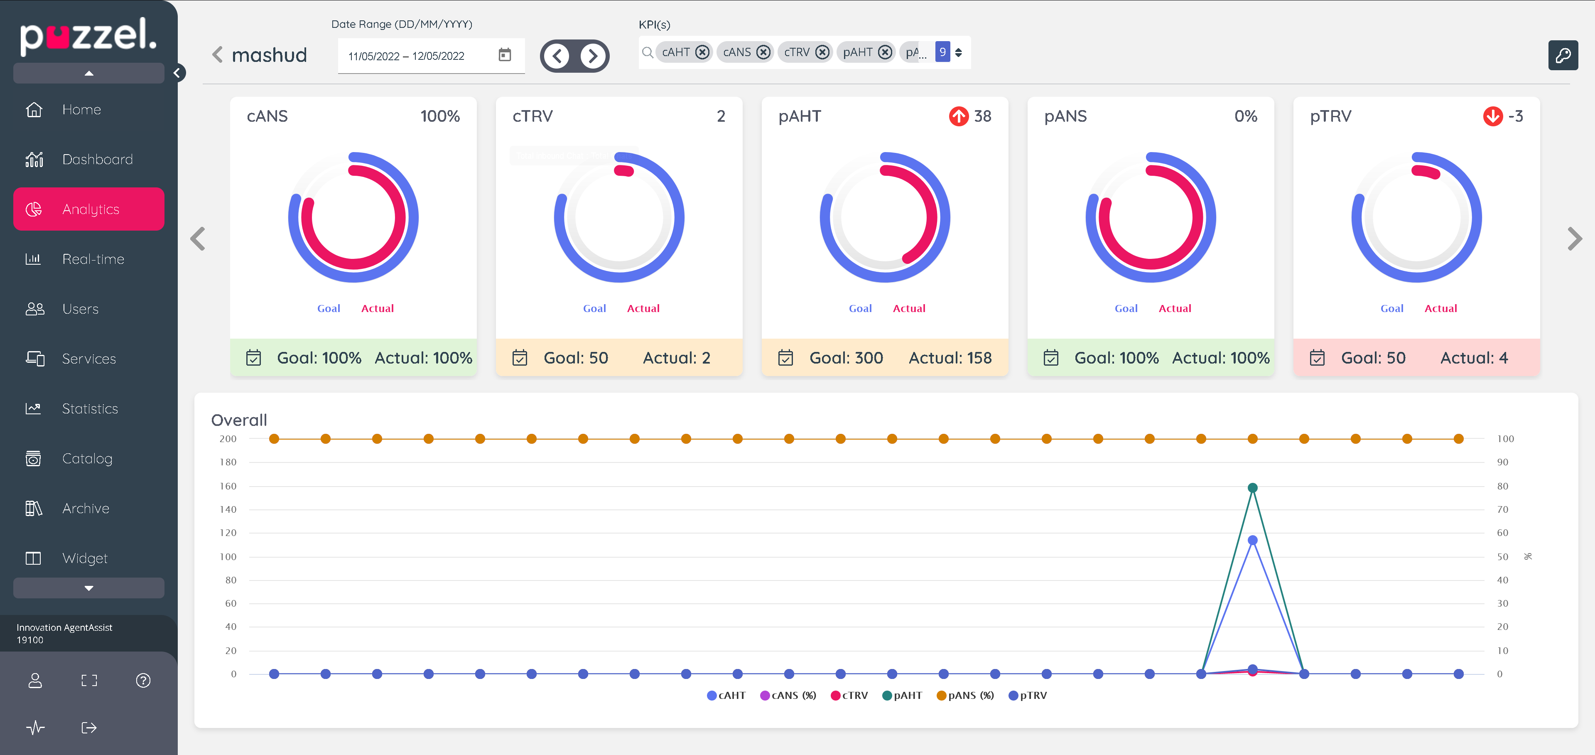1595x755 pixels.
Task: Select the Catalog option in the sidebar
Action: click(87, 458)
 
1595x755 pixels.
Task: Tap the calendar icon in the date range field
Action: click(505, 55)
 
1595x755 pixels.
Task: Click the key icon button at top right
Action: click(1562, 56)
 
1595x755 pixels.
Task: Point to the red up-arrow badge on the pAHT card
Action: click(959, 116)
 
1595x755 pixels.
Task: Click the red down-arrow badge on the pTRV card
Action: click(1492, 116)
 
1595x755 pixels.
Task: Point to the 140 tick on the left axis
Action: click(228, 509)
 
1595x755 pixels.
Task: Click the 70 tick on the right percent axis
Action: click(1502, 509)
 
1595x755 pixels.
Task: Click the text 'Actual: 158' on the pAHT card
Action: click(950, 358)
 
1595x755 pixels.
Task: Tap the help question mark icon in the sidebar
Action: click(143, 681)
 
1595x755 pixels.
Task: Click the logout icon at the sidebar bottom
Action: click(89, 728)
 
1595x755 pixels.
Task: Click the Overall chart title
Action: click(239, 420)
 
